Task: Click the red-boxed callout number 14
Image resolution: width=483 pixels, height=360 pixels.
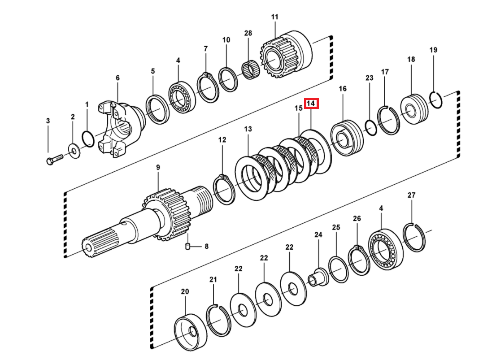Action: (311, 104)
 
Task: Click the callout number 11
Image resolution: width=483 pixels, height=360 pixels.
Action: (274, 17)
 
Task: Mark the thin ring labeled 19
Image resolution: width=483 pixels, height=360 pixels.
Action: (436, 100)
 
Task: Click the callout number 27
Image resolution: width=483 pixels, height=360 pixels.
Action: (411, 195)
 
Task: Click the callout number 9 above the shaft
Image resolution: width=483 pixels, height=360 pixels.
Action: (158, 167)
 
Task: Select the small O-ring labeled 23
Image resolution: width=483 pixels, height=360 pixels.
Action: (370, 127)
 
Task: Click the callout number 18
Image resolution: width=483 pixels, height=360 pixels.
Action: (411, 59)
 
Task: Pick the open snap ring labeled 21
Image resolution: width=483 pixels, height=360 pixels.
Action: (218, 320)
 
